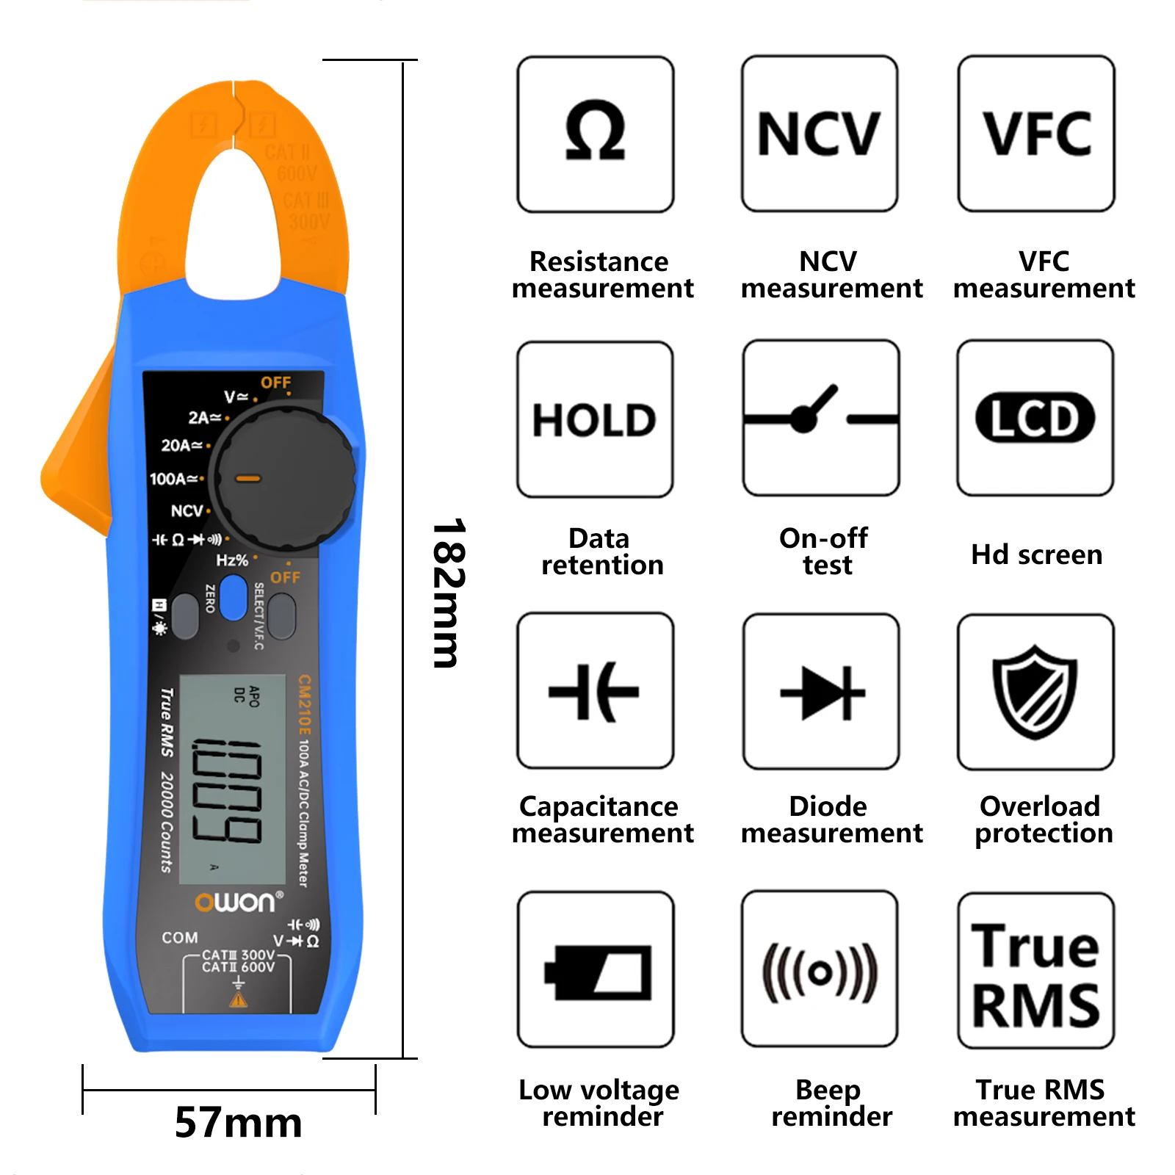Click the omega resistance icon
tap(596, 134)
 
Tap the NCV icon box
tap(820, 134)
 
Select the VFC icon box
tap(1036, 134)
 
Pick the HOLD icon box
tap(595, 419)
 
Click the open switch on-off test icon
tap(821, 418)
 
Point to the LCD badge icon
tap(1035, 418)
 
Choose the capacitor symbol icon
tap(595, 691)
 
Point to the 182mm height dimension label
tap(448, 593)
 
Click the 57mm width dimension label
tap(239, 1122)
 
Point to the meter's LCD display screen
tap(232, 778)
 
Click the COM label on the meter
tap(180, 938)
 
